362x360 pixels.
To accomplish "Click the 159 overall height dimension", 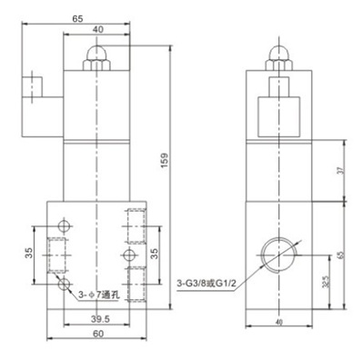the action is [x=164, y=161].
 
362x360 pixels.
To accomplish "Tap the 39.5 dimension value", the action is [x=100, y=319].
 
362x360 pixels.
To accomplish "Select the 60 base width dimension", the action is [x=98, y=334].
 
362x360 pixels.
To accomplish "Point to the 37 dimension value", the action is [x=341, y=171].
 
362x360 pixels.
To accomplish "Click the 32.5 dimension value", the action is [x=327, y=281].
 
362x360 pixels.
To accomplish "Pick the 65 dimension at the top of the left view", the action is [x=77, y=19].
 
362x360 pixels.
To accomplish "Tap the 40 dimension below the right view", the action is [x=279, y=323].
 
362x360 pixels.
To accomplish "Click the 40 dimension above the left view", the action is [x=97, y=29].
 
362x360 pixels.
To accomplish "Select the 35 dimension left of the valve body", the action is [x=29, y=253].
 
